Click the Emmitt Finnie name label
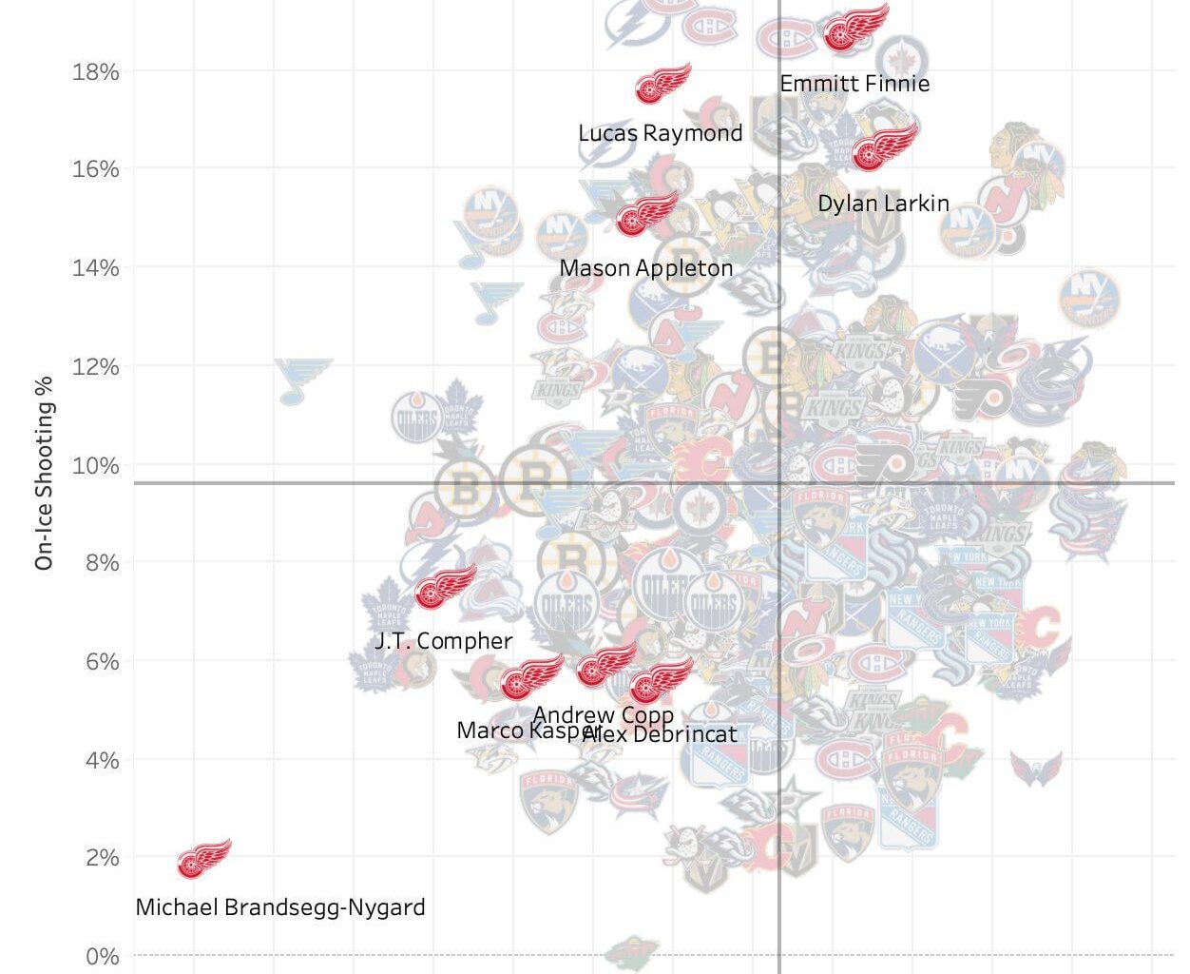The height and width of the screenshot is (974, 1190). click(x=854, y=84)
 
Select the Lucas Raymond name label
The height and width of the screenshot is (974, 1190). click(x=661, y=133)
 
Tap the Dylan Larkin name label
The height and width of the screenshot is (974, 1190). click(x=883, y=204)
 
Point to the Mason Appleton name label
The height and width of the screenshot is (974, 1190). click(x=646, y=268)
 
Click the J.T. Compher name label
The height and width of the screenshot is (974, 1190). click(x=444, y=641)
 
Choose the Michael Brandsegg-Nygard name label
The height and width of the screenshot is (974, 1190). click(x=280, y=907)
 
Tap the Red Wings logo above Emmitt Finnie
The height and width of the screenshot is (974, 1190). click(x=855, y=28)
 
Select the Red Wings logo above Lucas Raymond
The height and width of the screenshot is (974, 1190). click(x=662, y=84)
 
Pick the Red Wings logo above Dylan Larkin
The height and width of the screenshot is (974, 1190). click(x=884, y=146)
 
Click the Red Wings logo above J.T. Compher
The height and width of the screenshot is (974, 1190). click(x=445, y=586)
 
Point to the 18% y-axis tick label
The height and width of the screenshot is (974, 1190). click(x=95, y=71)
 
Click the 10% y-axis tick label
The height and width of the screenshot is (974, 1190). click(x=95, y=465)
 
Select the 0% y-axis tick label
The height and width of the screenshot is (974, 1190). click(x=102, y=956)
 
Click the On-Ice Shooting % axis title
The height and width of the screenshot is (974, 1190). click(x=44, y=473)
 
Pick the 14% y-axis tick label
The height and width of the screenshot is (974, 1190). click(x=95, y=267)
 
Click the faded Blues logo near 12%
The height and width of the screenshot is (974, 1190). click(x=303, y=379)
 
